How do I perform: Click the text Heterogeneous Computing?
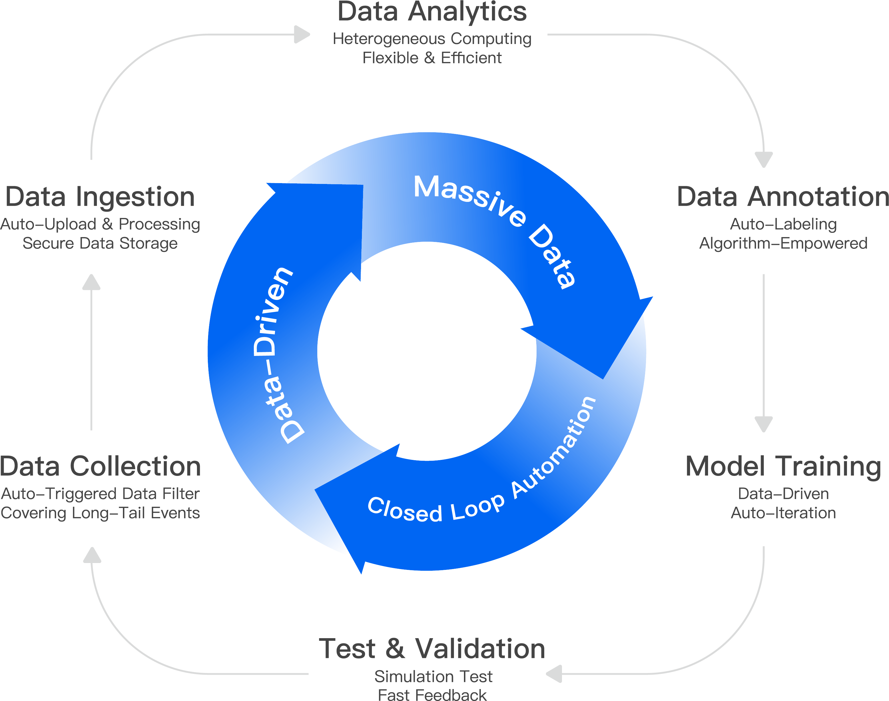tap(432, 39)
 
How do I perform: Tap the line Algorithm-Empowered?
tap(783, 243)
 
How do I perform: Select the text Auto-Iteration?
tap(783, 513)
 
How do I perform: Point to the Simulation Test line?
tap(433, 676)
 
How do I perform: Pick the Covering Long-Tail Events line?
tap(100, 513)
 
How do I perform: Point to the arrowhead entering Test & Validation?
tap(554, 674)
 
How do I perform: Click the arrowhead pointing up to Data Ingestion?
tap(91, 282)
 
